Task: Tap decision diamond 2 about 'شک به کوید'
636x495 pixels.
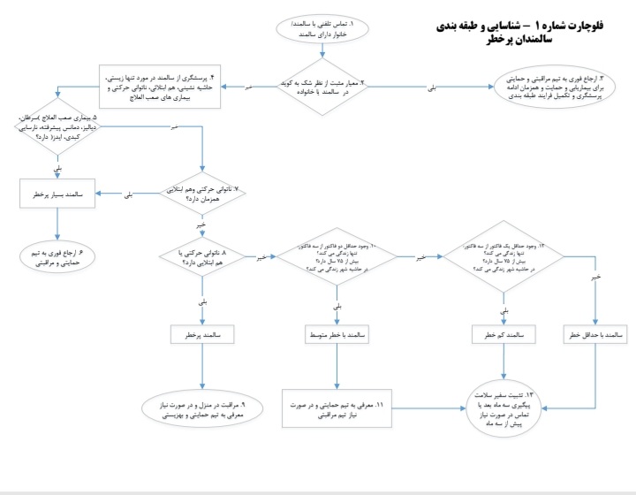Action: coord(322,87)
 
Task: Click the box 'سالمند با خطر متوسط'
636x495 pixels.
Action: coord(337,335)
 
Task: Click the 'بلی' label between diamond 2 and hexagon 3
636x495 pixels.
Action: coord(431,89)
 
